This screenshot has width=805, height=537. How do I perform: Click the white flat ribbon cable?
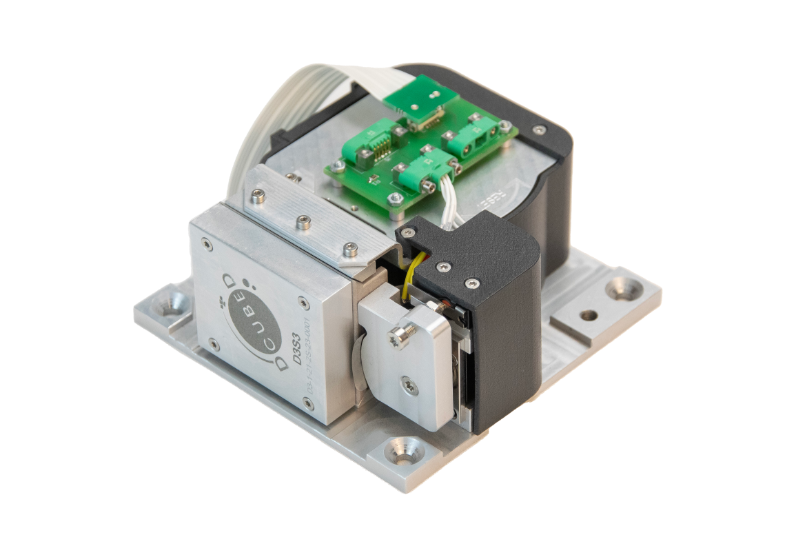(276, 117)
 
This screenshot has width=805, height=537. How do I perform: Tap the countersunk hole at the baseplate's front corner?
(403, 452)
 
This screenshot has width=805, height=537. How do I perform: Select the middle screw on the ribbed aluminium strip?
(303, 222)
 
